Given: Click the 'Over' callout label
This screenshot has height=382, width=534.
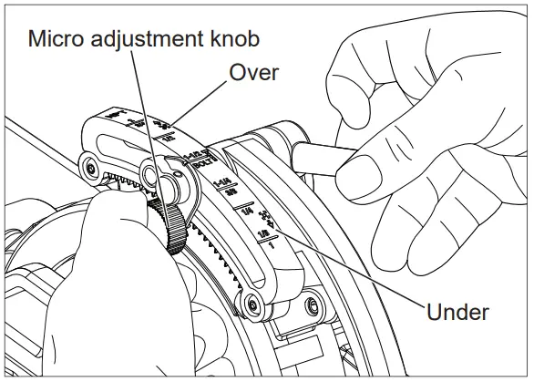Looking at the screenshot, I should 253,73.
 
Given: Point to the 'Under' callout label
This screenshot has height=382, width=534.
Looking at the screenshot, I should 457,312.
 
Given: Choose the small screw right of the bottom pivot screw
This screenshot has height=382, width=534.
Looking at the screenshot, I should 313,302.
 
